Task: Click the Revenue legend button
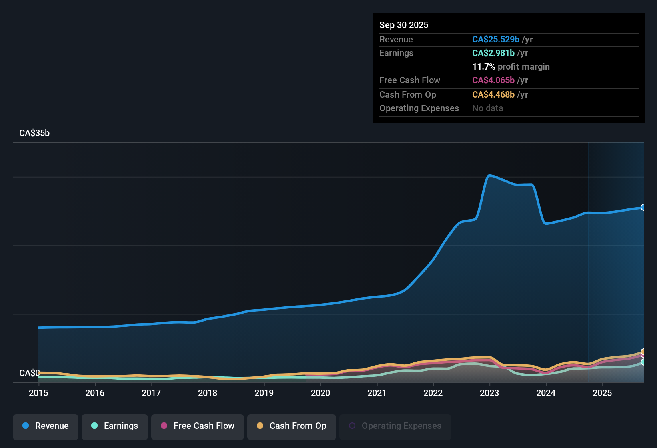[x=46, y=426]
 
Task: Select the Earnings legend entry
[x=115, y=426]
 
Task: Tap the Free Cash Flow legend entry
[x=198, y=426]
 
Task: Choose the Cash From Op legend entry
[x=292, y=426]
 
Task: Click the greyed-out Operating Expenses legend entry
[x=395, y=426]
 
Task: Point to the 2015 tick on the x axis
[x=38, y=393]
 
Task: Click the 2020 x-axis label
[x=320, y=393]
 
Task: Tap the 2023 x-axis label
[x=489, y=393]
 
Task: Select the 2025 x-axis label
[x=602, y=393]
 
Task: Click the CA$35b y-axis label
[x=34, y=133]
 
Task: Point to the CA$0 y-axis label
[x=29, y=373]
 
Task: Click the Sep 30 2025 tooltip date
[x=404, y=25]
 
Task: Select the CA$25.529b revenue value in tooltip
[x=495, y=40]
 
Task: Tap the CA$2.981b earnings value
[x=493, y=53]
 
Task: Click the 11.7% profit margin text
[x=511, y=67]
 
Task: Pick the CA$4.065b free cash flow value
[x=493, y=80]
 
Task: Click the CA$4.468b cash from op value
[x=493, y=95]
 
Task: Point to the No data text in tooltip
[x=487, y=108]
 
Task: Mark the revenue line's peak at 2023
[x=489, y=175]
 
